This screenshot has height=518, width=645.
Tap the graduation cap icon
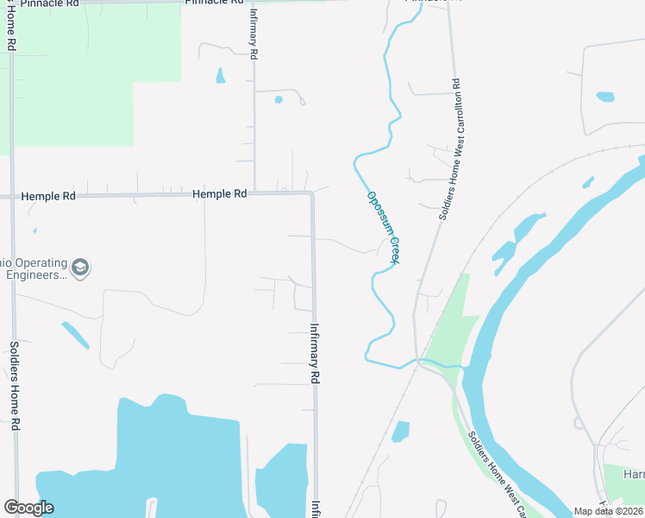tap(80, 268)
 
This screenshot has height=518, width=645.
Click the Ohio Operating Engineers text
tap(34, 268)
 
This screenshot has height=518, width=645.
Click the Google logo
tap(28, 508)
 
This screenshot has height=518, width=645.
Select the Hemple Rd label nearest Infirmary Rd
tap(220, 194)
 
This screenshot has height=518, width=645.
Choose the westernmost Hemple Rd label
tap(48, 196)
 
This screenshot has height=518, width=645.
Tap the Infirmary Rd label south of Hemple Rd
tap(315, 354)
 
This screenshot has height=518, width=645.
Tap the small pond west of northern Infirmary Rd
tap(220, 76)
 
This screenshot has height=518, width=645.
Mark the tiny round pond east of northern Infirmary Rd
tap(279, 99)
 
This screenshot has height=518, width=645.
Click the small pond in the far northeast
tap(605, 97)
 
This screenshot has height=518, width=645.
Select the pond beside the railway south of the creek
tap(399, 431)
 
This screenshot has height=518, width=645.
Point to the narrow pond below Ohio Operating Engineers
tap(75, 335)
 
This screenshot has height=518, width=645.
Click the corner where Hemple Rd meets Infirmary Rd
tap(311, 194)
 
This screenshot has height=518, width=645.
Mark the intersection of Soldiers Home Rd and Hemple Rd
tap(12, 197)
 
